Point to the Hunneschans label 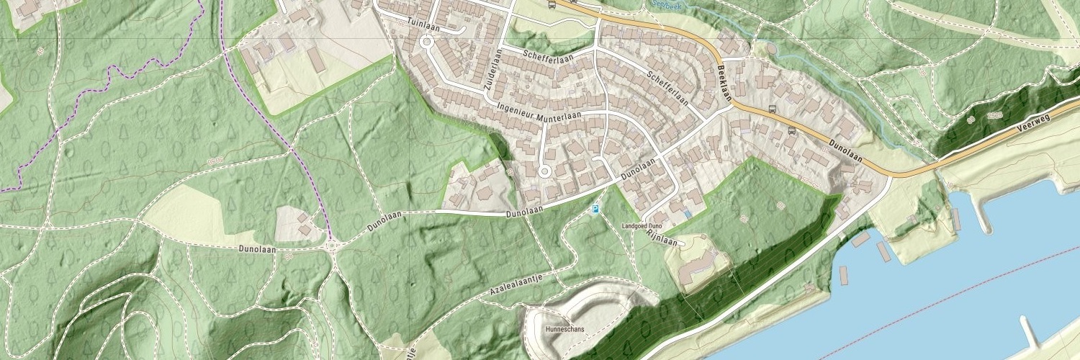[565, 329]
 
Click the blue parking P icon [595, 210]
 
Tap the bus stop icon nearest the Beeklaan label [772, 109]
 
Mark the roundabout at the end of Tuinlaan [426, 42]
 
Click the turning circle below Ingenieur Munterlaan [544, 171]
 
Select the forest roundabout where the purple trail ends [333, 246]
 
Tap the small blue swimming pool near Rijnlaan [689, 214]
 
